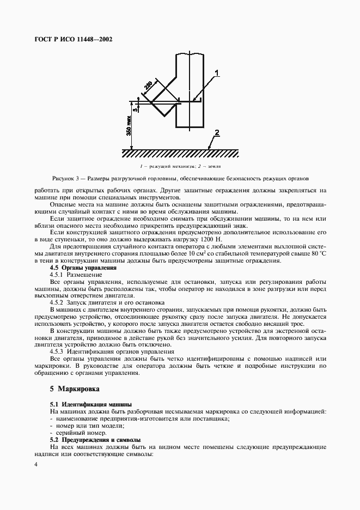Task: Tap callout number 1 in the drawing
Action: (x=216, y=72)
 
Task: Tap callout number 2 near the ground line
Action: (x=216, y=133)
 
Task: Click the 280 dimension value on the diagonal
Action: (x=148, y=86)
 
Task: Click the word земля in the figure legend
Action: (x=214, y=166)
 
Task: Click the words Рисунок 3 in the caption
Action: (x=67, y=178)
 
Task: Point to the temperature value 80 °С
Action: (x=317, y=253)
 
